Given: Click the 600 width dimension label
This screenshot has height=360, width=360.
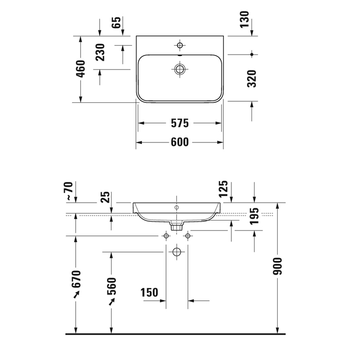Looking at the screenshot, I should [179, 142].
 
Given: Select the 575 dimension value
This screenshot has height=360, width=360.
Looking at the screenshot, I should [179, 123].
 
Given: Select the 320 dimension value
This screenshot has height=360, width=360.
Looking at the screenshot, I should [251, 78].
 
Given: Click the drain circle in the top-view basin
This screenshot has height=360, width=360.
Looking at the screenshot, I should [179, 69].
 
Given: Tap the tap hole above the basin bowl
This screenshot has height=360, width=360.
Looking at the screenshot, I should [179, 45].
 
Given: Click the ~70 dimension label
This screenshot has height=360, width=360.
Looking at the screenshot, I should [70, 191].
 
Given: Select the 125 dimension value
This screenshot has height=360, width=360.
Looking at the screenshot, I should [223, 190].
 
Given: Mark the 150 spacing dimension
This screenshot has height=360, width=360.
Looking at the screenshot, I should [149, 293].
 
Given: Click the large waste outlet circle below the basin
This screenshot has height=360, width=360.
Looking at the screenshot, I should [177, 253].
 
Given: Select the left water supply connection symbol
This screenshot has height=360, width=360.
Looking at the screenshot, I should [166, 236].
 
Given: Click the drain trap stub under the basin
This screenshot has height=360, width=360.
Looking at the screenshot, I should [177, 225].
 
